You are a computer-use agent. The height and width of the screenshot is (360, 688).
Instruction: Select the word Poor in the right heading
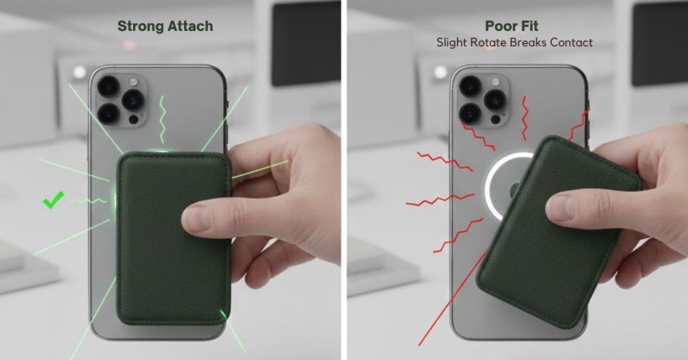(x=500, y=27)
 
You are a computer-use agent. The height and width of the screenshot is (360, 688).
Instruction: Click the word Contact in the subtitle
(x=566, y=42)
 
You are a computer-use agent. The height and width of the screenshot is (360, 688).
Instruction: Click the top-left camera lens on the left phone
(x=107, y=86)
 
